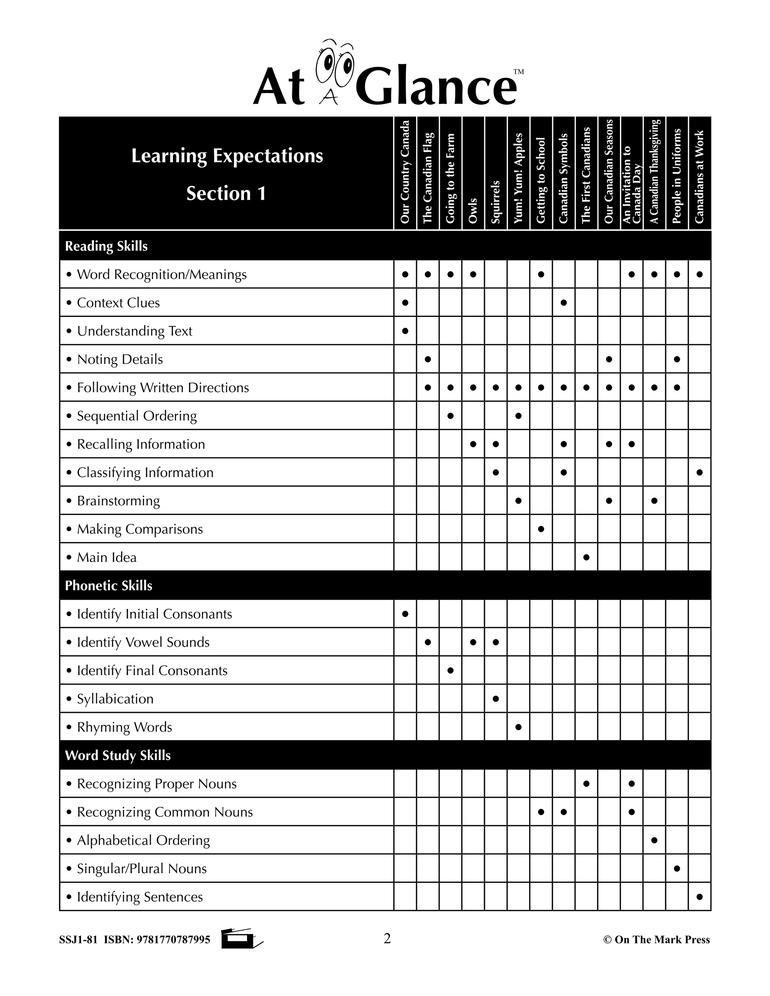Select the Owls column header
click(x=473, y=210)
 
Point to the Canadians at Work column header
click(x=699, y=177)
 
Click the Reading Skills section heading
click(x=106, y=246)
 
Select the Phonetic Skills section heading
click(x=109, y=586)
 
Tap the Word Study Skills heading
click(x=118, y=755)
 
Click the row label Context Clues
click(x=118, y=303)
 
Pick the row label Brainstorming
click(x=118, y=501)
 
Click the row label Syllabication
click(x=115, y=699)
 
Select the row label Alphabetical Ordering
click(x=143, y=840)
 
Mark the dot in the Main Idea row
click(x=586, y=557)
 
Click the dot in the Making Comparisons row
click(x=541, y=529)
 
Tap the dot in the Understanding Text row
click(x=405, y=331)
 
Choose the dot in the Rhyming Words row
click(x=518, y=727)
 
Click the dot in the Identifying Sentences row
click(x=699, y=896)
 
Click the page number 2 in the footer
click(x=387, y=938)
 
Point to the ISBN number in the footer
click(x=173, y=940)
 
